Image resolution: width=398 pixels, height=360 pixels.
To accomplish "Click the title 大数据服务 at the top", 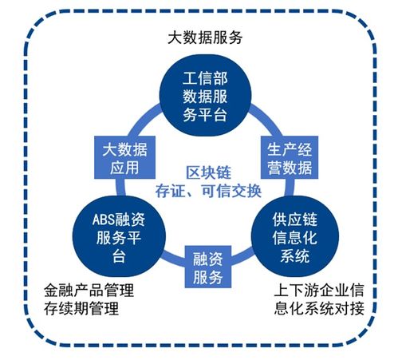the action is [x=205, y=38].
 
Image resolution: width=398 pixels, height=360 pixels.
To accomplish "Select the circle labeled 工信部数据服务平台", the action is [x=205, y=95].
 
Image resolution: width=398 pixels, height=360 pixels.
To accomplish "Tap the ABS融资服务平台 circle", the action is [x=119, y=236].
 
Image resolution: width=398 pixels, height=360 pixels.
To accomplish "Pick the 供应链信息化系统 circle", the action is [x=295, y=236].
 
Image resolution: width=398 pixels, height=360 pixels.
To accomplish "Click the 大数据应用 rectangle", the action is [x=124, y=157].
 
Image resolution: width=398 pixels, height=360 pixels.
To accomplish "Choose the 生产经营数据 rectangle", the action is [x=290, y=157].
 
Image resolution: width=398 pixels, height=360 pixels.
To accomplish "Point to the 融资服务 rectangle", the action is [x=208, y=267].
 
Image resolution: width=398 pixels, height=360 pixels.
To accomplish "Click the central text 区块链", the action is [x=208, y=173].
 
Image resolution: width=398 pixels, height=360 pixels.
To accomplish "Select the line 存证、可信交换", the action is [x=208, y=191].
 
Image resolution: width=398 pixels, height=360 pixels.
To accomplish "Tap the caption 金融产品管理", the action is [x=89, y=290].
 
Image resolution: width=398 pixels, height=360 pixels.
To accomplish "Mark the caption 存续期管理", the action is [x=81, y=308].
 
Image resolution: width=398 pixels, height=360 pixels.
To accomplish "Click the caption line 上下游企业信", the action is [x=319, y=290].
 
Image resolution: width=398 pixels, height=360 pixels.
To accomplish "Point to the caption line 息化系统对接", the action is [x=319, y=308].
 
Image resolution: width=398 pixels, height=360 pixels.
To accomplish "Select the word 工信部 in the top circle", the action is [x=205, y=78].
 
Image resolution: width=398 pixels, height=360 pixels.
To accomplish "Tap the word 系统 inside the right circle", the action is [x=295, y=255].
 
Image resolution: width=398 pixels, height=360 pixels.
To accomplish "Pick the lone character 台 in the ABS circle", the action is [x=119, y=256].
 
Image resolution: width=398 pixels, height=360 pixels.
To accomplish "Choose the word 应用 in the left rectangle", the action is [x=124, y=168].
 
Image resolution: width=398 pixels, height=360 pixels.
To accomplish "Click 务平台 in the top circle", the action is [x=205, y=115].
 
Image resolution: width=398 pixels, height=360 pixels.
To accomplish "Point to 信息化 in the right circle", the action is [x=295, y=238].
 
